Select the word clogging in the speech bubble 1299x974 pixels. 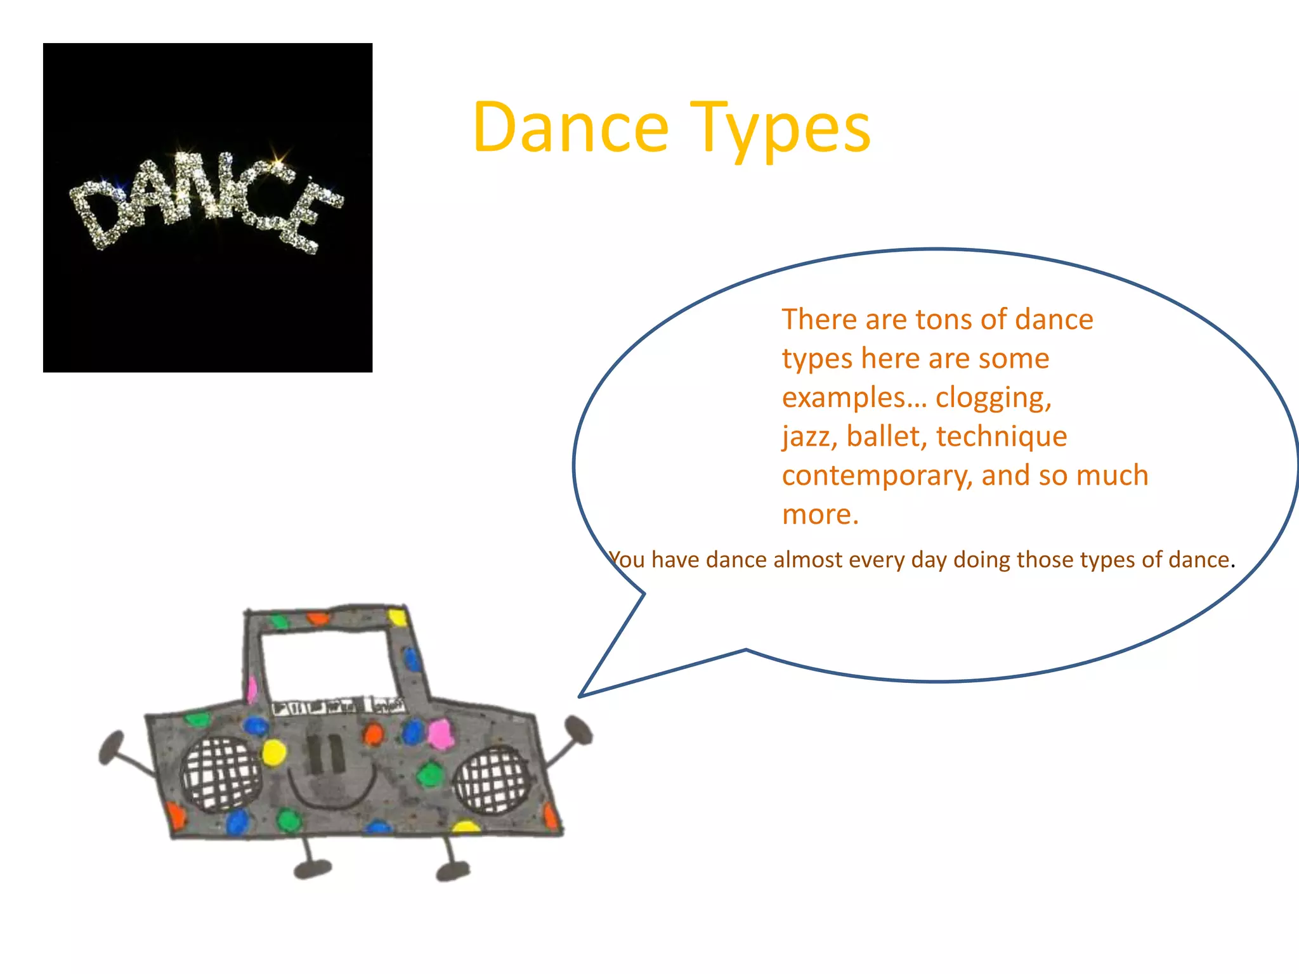click(993, 398)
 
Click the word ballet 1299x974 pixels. click(885, 436)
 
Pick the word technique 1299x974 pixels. click(1002, 437)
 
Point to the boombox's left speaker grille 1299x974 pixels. click(220, 774)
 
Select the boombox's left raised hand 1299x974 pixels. click(112, 747)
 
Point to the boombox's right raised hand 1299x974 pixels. click(578, 730)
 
